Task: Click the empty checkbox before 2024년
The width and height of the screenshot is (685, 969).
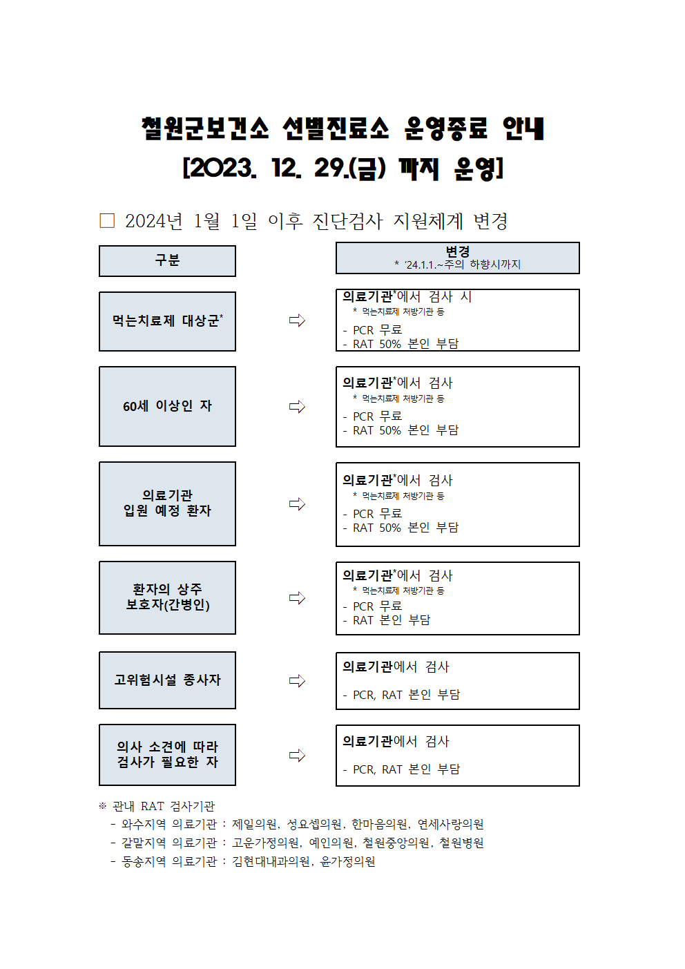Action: point(107,220)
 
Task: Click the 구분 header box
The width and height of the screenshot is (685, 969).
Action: point(167,261)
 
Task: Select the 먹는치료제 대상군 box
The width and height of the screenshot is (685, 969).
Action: point(167,321)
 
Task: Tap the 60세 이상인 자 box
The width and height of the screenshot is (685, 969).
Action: point(167,406)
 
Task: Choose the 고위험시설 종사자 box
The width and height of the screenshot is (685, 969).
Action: point(167,680)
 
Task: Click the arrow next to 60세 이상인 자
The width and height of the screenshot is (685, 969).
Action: point(297,407)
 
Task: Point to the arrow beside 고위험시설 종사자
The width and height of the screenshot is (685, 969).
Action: point(297,681)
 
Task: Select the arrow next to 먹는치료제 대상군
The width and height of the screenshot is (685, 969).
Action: point(297,320)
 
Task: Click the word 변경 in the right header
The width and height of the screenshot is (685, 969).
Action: point(458,251)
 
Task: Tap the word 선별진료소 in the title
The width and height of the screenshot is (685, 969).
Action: point(336,128)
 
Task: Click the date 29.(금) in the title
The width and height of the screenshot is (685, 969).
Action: point(350,169)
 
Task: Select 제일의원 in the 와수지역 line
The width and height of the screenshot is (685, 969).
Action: point(254,824)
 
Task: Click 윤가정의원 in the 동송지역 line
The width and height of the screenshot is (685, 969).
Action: point(348,861)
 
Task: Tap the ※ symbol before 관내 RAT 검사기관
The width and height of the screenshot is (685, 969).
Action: point(102,805)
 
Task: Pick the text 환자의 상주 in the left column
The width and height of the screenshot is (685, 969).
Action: point(167,588)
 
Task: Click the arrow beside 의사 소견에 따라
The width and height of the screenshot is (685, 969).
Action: point(297,756)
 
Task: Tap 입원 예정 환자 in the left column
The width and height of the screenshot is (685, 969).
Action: point(167,510)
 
